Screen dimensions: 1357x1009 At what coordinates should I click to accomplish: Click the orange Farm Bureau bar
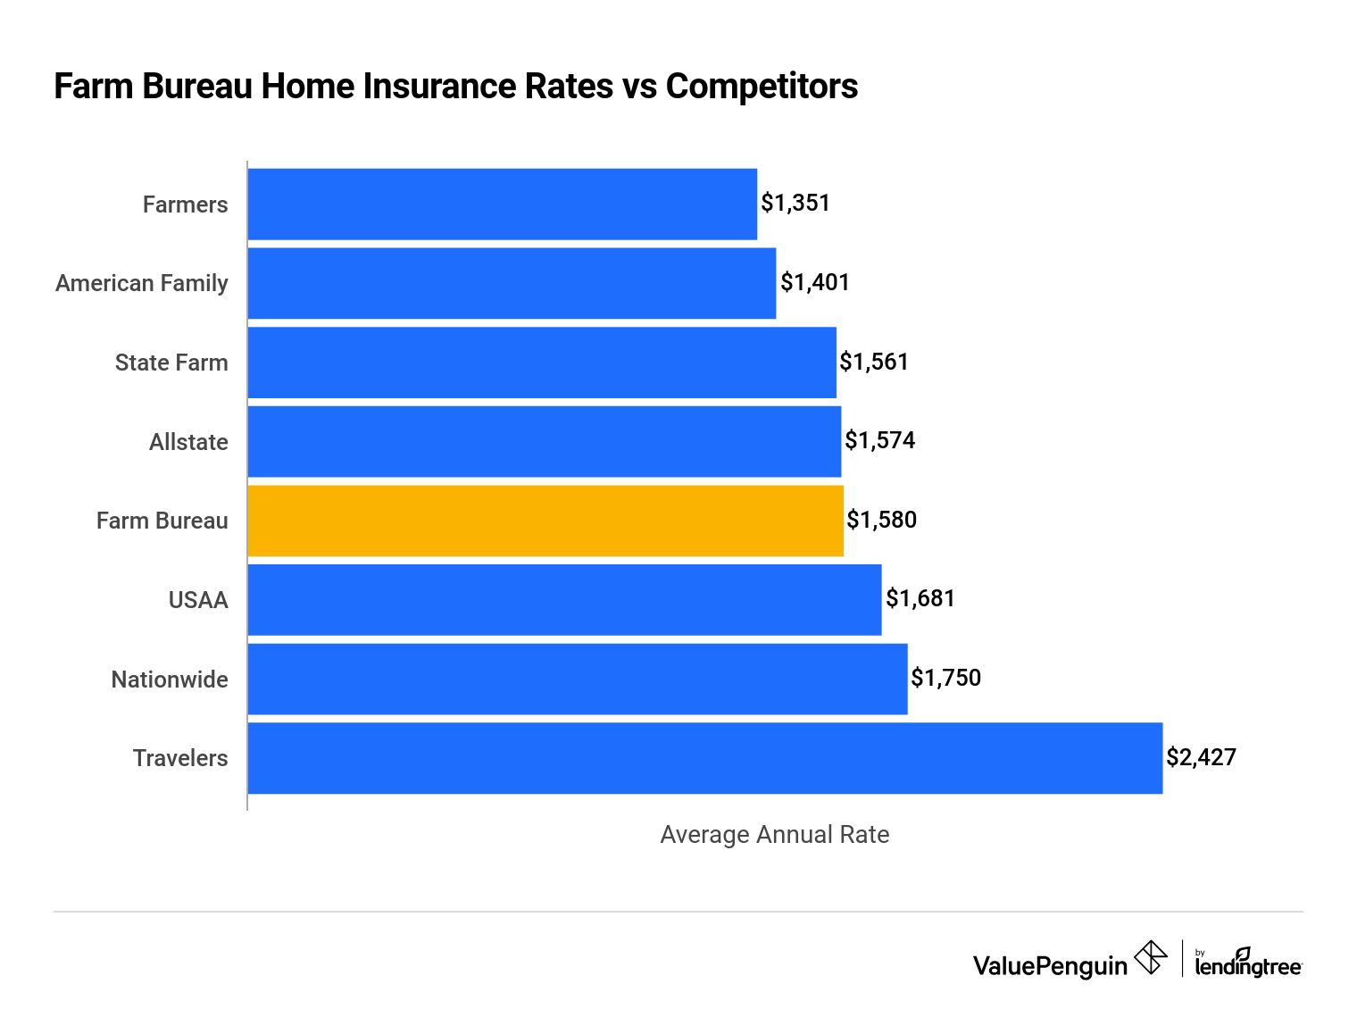tap(545, 521)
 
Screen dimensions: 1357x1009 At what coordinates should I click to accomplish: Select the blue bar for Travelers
tap(704, 758)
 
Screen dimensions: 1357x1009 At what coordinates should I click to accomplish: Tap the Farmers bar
tap(503, 204)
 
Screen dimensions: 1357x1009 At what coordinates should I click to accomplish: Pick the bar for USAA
tap(565, 600)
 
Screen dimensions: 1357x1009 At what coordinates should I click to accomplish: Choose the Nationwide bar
tap(578, 680)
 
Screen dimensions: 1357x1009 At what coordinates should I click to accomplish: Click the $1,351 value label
tap(795, 204)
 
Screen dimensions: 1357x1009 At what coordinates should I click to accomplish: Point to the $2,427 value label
tap(1201, 757)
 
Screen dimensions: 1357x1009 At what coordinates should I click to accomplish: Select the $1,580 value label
tap(882, 520)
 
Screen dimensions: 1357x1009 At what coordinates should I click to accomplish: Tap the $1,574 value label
tap(879, 440)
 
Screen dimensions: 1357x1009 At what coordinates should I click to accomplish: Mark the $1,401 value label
tap(815, 283)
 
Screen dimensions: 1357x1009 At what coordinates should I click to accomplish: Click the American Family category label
tap(141, 284)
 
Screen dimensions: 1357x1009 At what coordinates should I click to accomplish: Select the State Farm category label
tap(171, 363)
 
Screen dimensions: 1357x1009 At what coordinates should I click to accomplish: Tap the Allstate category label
tap(188, 442)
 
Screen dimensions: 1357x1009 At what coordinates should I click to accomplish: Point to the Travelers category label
tap(180, 758)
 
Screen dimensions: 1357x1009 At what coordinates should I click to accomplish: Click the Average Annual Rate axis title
tap(775, 835)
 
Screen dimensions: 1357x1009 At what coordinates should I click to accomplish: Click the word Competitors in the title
tap(762, 87)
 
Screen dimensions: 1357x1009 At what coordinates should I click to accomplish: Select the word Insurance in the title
tap(488, 87)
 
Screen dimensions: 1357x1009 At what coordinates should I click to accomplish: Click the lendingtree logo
tap(1248, 963)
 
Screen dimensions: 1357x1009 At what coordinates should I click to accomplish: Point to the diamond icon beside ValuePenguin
tap(1150, 957)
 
